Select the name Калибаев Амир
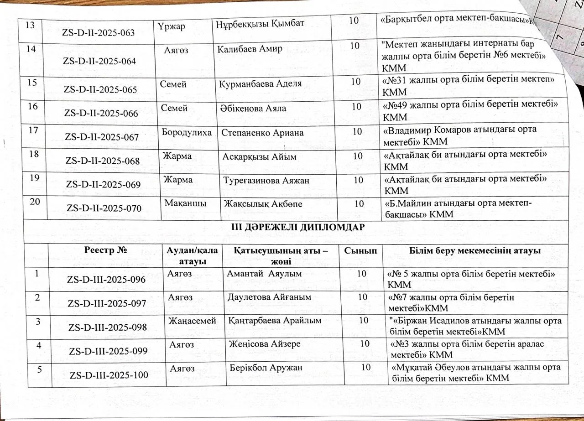tap(250, 49)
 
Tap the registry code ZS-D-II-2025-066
tap(102, 114)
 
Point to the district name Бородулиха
tap(187, 133)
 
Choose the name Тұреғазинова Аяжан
tap(266, 181)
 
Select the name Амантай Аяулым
tap(265, 274)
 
